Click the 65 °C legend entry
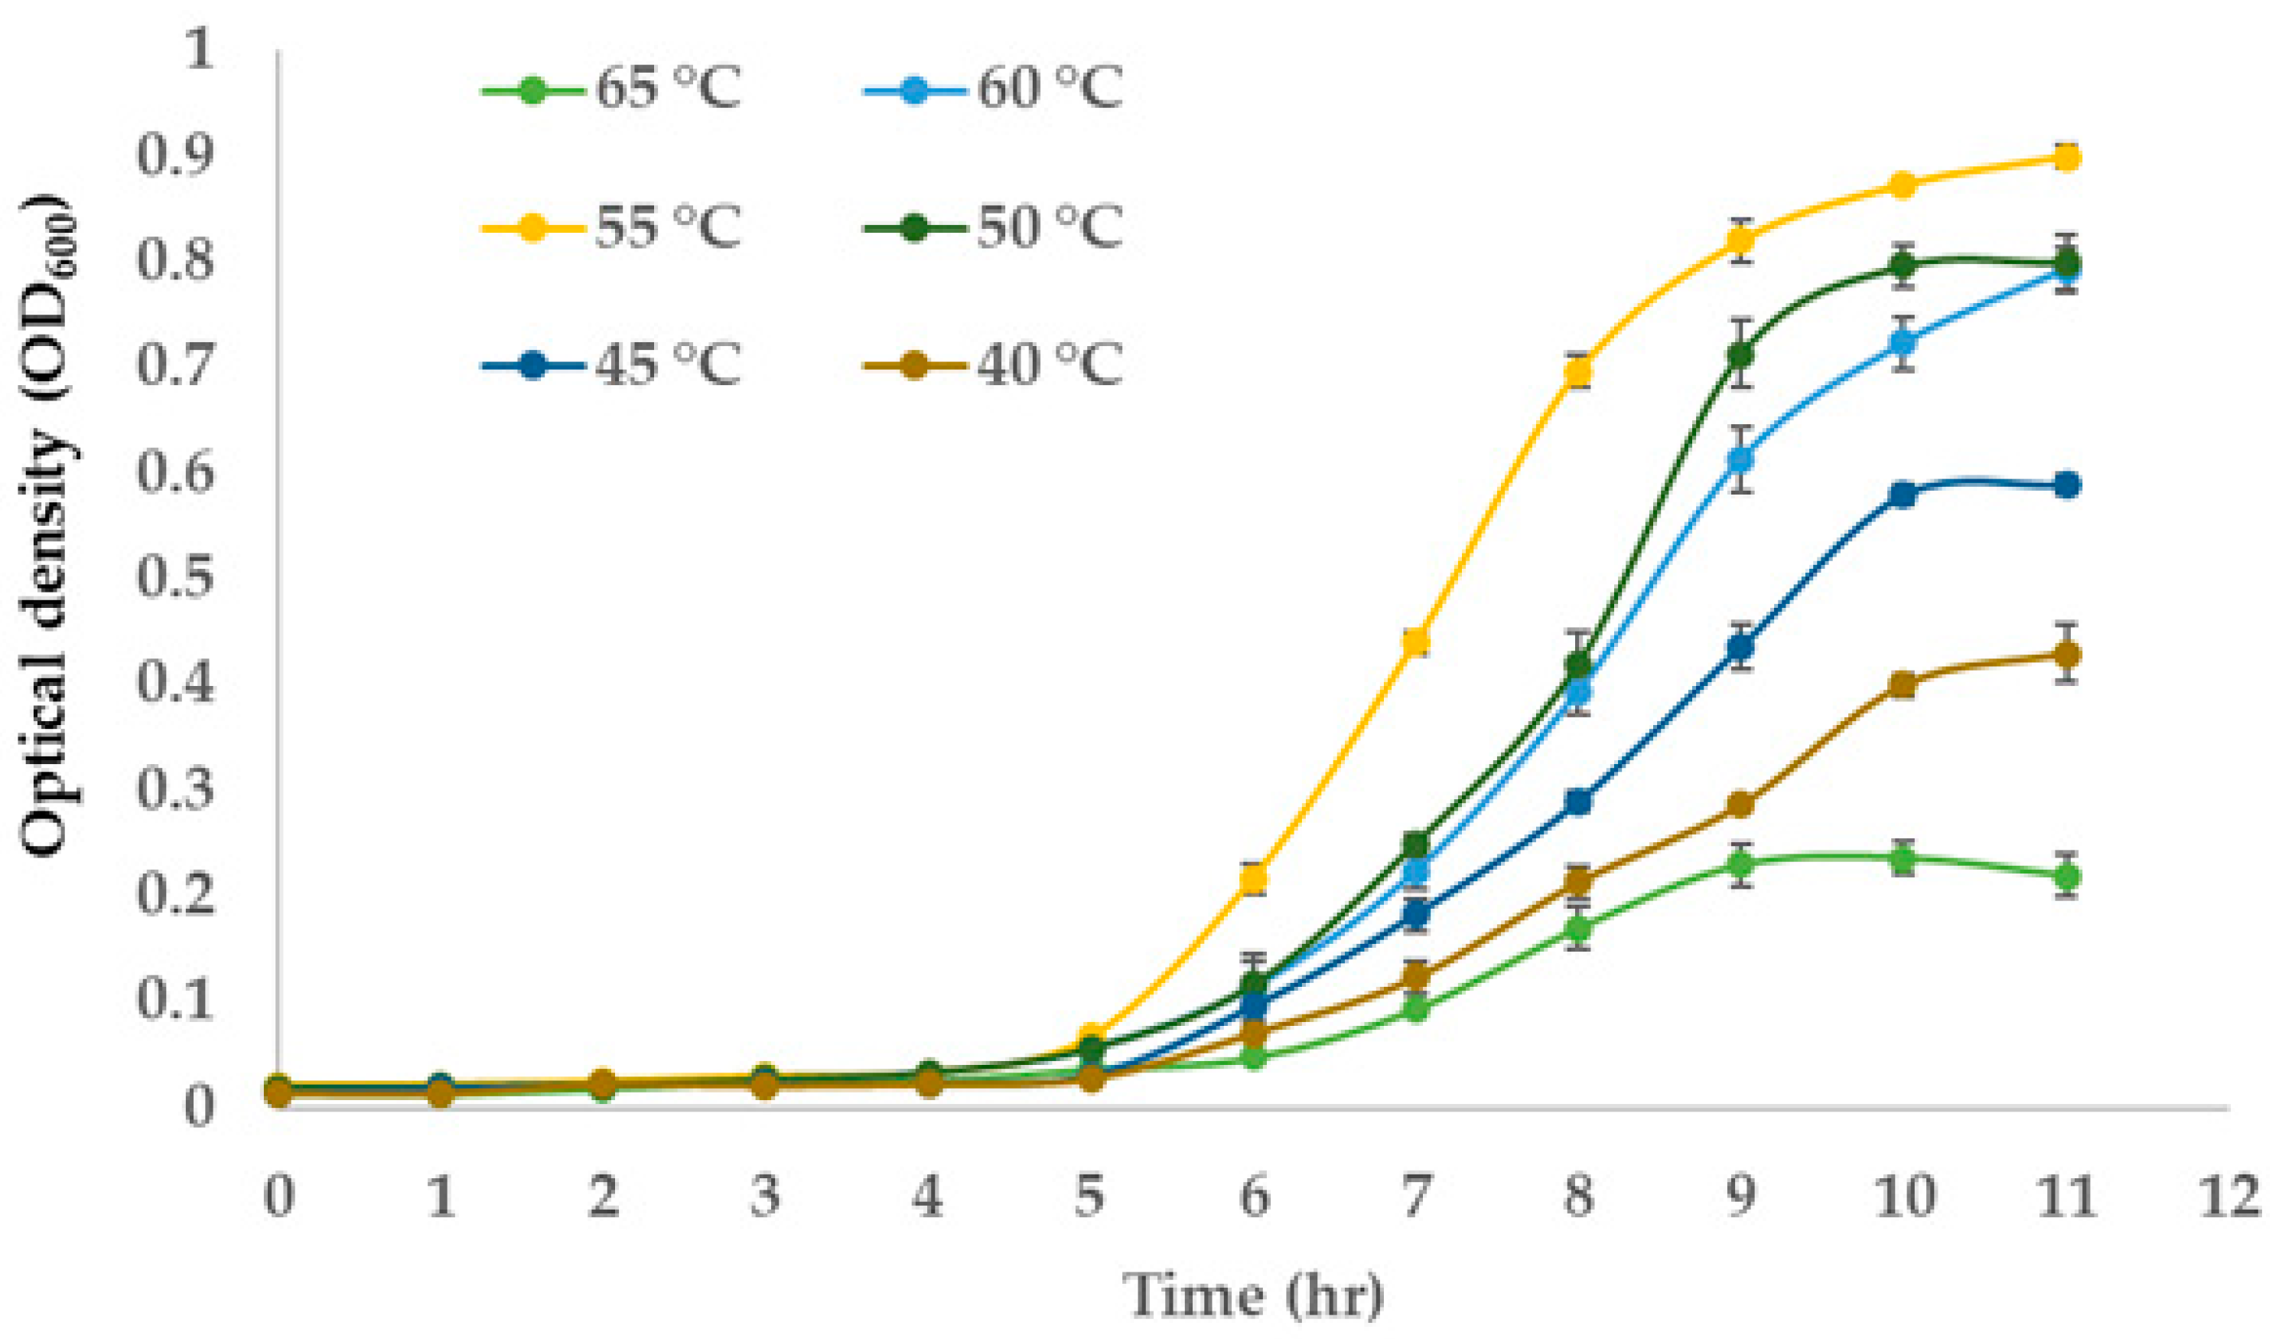(x=612, y=90)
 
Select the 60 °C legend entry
(x=995, y=90)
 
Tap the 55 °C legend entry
(x=612, y=227)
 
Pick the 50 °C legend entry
(x=995, y=227)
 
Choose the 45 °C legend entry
(x=612, y=365)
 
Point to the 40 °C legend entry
(x=995, y=365)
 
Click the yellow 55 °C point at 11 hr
(x=2066, y=158)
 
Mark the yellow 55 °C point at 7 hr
(x=1415, y=642)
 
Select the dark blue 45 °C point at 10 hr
(x=1903, y=495)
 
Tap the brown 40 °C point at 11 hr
(x=2066, y=654)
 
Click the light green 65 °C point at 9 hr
(x=1740, y=864)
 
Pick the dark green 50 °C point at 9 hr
(x=1740, y=354)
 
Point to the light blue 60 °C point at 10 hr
(x=1903, y=342)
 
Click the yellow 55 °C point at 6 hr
(x=1253, y=878)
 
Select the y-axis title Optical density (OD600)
(x=50, y=525)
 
